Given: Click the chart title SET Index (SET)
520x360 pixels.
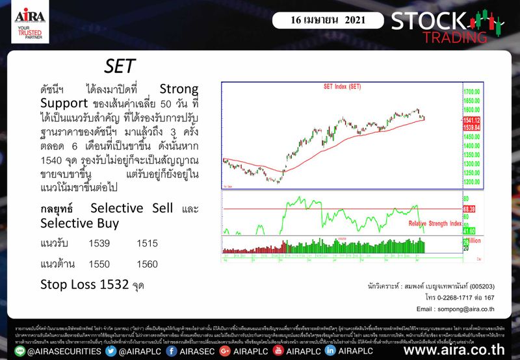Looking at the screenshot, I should pos(343,86).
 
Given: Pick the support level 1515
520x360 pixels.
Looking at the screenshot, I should pos(148,243).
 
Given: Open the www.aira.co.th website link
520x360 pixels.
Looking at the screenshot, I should pos(454,350).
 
